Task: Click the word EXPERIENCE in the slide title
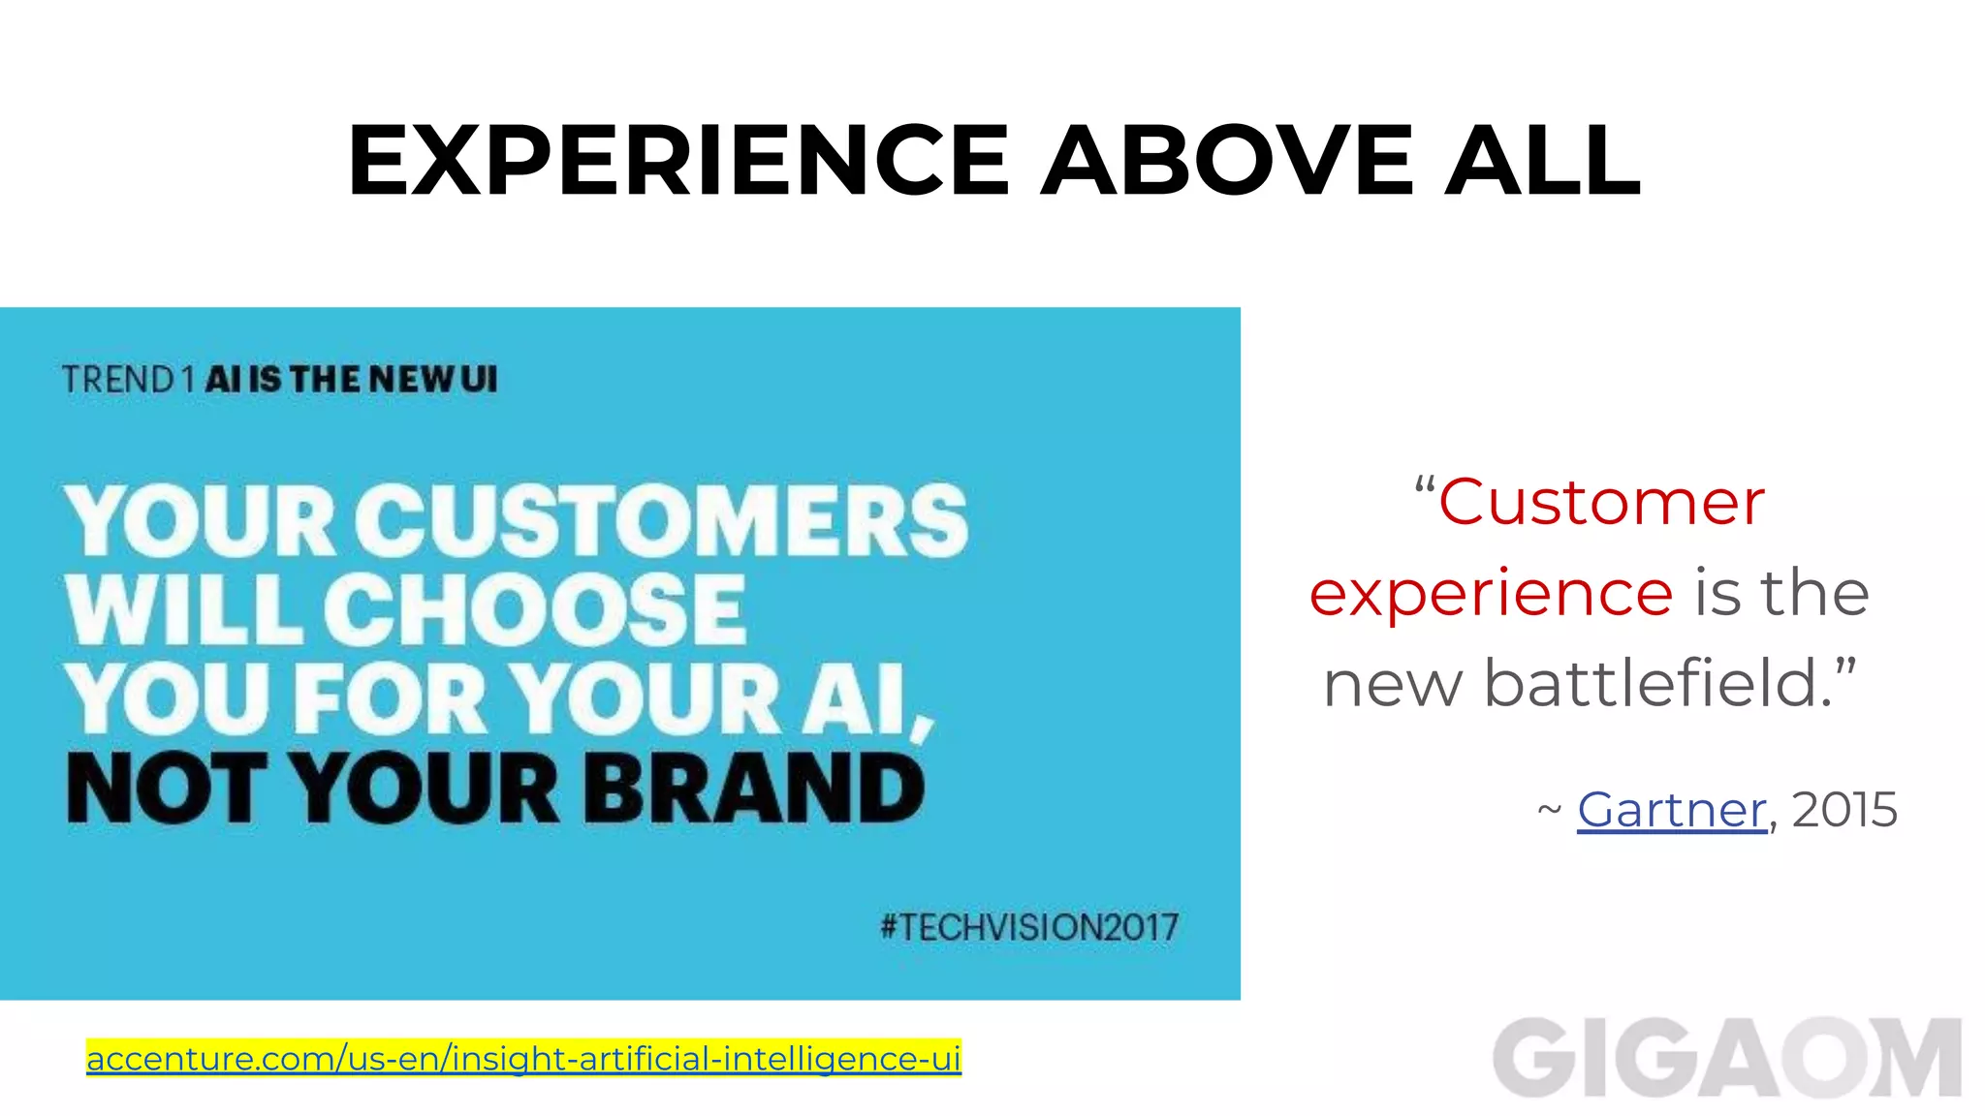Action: [x=678, y=160]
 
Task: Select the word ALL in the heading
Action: [x=1543, y=160]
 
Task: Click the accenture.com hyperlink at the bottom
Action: [x=523, y=1058]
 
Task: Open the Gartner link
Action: [x=1671, y=810]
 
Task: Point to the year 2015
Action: [x=1844, y=810]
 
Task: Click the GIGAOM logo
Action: [x=1727, y=1058]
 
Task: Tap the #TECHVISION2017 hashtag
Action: [x=1029, y=927]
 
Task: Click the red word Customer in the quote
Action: [x=1601, y=503]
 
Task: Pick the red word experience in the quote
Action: [x=1491, y=593]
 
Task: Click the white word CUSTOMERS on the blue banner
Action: [x=661, y=521]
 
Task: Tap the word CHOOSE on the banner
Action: [x=533, y=609]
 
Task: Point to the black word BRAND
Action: [x=753, y=789]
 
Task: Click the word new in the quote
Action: [x=1393, y=684]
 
